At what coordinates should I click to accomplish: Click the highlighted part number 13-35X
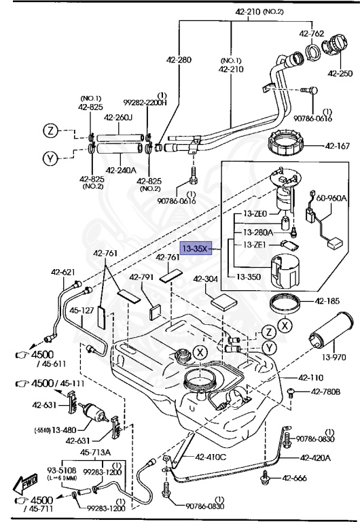(194, 249)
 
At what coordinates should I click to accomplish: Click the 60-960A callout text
(331, 198)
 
